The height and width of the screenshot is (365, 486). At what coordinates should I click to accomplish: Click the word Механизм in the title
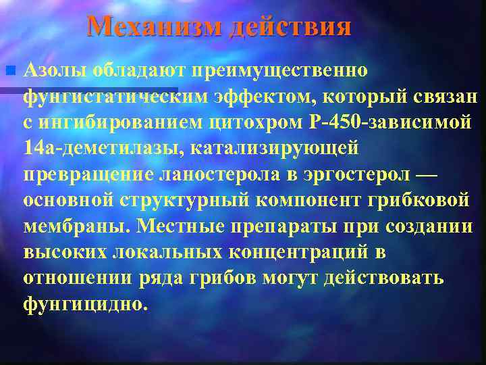click(155, 27)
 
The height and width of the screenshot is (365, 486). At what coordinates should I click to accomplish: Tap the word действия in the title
click(290, 27)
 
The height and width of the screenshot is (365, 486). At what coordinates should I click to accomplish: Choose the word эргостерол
click(354, 174)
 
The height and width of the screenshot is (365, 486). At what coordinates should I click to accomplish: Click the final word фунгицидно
click(84, 303)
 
